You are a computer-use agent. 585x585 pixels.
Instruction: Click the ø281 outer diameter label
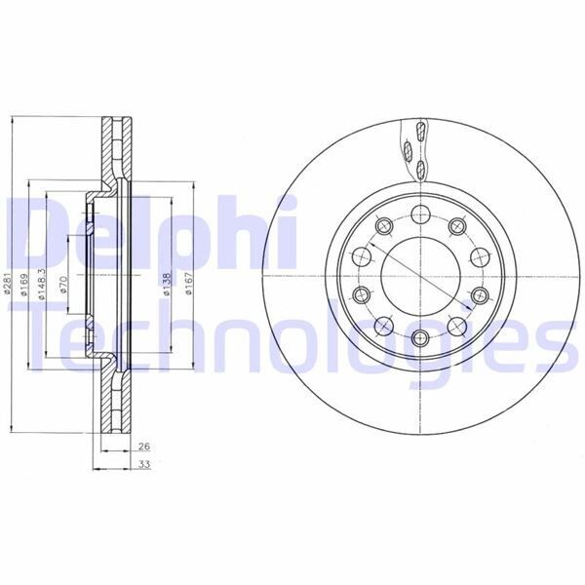8,286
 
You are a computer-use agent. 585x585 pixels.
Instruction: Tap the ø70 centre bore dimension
63,286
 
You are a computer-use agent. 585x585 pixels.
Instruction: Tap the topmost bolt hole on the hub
420,215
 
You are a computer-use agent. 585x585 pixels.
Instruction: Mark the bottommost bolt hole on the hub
420,338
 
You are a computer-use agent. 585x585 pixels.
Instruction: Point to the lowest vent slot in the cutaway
420,171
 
